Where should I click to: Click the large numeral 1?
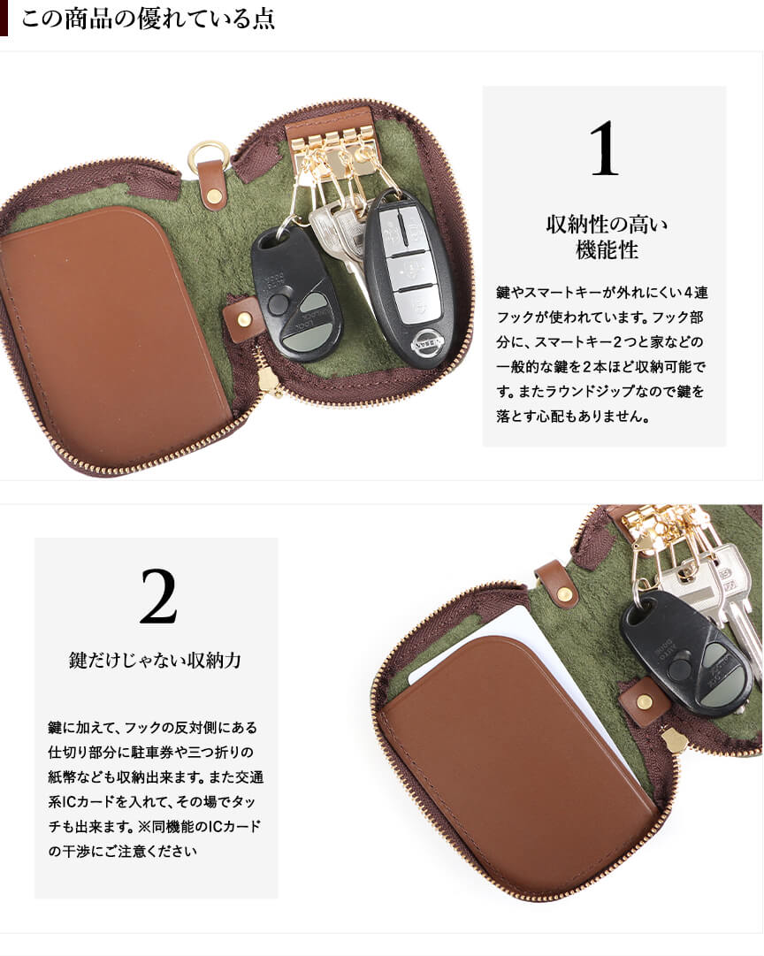coord(604,149)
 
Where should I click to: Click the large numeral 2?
coord(158,596)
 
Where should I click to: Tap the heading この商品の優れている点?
coord(148,19)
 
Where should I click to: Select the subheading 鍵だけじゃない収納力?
coord(155,660)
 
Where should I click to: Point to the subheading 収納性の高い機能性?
coord(606,237)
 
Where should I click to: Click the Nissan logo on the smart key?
coord(426,341)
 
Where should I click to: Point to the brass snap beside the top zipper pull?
coord(244,320)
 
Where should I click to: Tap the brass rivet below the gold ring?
coord(215,195)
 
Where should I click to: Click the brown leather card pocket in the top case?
coord(113,335)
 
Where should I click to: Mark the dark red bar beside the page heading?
coord(4,18)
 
